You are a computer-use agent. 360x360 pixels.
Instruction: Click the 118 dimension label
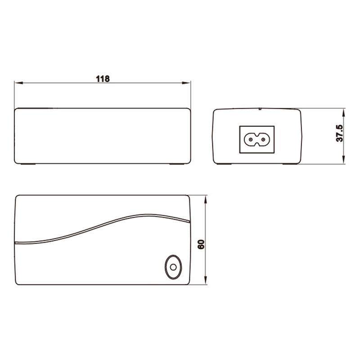tap(103, 78)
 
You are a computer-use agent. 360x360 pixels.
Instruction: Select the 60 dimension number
tap(201, 244)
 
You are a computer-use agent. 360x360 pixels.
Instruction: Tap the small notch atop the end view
tap(260, 108)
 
